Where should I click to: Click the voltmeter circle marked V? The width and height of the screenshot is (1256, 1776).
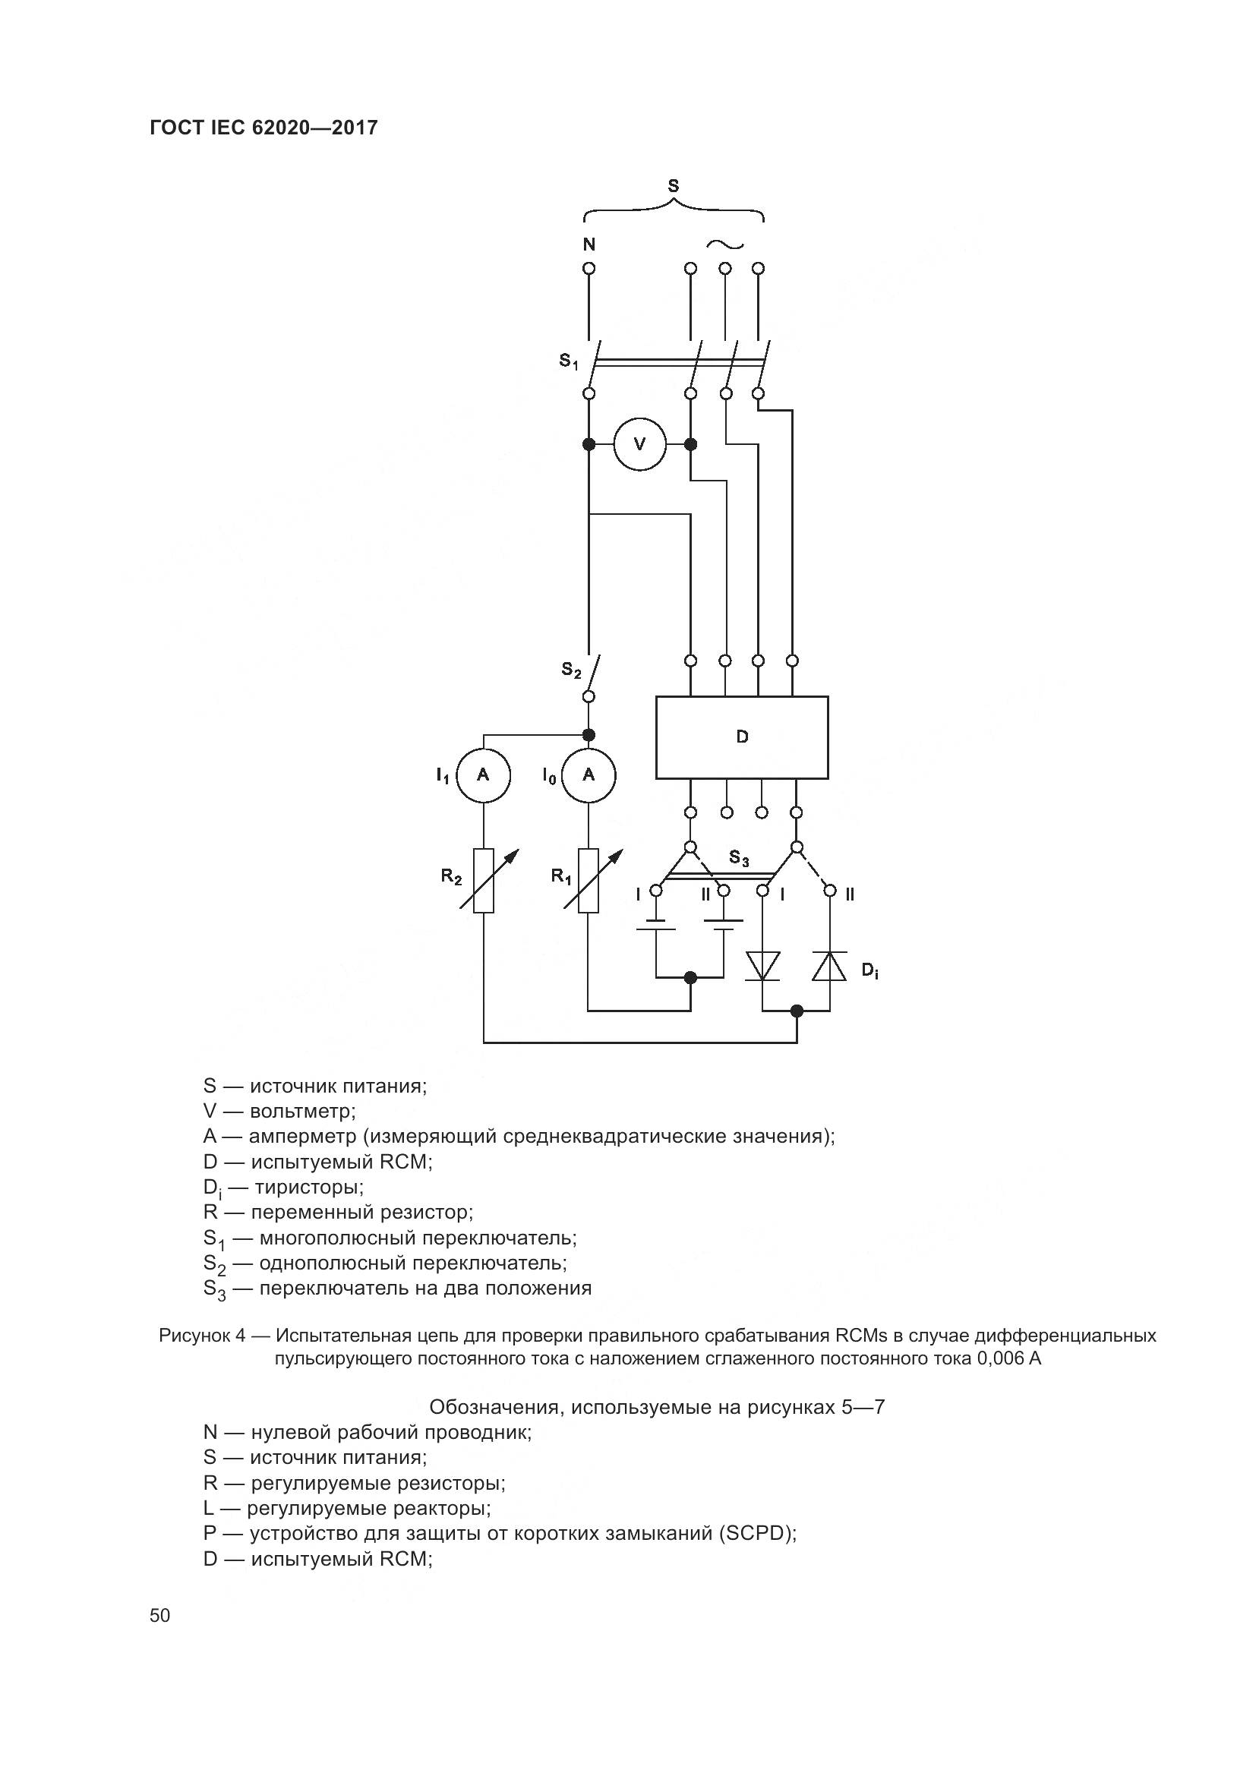click(639, 444)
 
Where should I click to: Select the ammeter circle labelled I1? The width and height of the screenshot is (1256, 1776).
click(484, 774)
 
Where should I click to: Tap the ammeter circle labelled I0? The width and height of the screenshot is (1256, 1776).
click(589, 774)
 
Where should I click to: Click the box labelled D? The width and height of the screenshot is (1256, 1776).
click(742, 737)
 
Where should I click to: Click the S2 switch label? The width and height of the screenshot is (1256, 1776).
click(571, 670)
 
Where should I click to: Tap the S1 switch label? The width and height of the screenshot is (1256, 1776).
click(569, 361)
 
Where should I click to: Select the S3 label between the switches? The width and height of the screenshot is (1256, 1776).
click(739, 858)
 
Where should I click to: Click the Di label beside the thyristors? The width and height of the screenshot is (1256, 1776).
click(869, 970)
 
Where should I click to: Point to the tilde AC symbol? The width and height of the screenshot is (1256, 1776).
click(724, 244)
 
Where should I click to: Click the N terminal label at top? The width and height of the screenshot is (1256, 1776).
click(589, 244)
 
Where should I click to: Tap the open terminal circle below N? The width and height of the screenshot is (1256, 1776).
click(589, 268)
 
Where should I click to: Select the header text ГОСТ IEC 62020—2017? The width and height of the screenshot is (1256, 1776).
click(264, 128)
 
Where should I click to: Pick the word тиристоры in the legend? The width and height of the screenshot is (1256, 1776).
click(308, 1187)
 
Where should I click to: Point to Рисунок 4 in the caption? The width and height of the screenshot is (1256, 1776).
click(203, 1336)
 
